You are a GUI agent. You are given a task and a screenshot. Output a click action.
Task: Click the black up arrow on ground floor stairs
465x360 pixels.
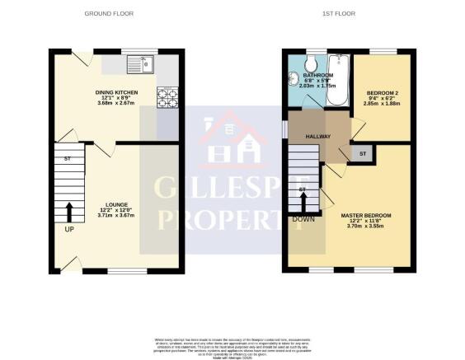68,210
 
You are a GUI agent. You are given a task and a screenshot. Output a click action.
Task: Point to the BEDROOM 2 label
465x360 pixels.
382,91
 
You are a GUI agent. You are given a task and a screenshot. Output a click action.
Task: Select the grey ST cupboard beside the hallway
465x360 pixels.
361,153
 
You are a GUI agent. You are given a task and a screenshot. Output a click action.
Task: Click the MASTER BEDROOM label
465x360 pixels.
366,216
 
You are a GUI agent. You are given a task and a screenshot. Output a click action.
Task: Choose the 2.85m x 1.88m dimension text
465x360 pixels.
382,104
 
